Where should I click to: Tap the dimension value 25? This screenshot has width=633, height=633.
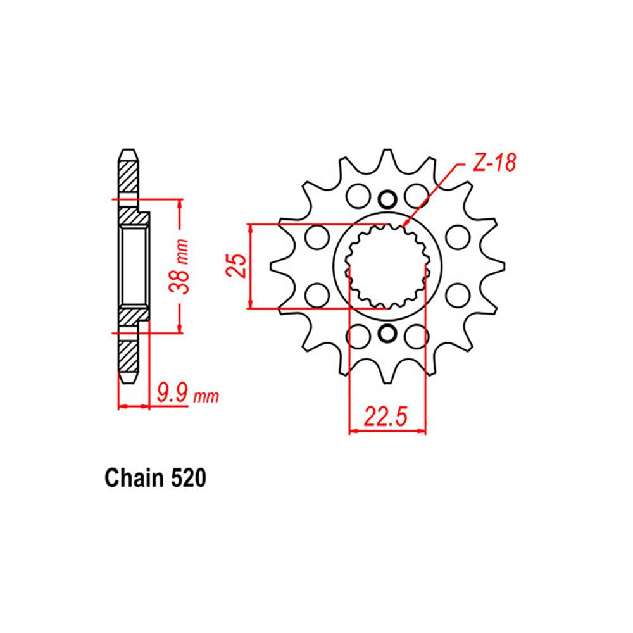(236, 266)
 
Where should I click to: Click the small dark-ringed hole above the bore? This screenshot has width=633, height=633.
(387, 200)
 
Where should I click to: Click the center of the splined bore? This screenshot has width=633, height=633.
(387, 266)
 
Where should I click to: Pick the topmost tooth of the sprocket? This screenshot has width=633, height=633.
(387, 155)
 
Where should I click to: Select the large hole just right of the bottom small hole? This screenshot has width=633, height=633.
(415, 335)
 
